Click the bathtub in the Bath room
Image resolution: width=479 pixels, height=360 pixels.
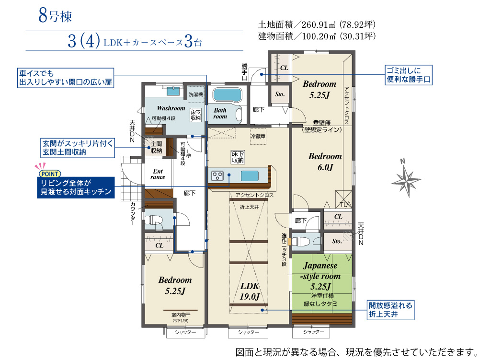(227, 95)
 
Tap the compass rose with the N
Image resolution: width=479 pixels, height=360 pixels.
(406, 180)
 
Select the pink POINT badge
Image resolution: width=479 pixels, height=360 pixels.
(50, 174)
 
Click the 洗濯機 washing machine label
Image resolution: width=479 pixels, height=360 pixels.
(196, 94)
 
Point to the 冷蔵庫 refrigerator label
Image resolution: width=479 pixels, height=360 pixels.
(258, 136)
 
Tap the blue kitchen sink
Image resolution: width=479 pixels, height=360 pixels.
(250, 176)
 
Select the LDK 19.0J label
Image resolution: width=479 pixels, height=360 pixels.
(250, 290)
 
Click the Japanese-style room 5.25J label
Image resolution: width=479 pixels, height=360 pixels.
(320, 276)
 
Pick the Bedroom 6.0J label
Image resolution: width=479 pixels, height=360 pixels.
(325, 162)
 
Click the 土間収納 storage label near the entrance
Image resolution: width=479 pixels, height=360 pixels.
(156, 147)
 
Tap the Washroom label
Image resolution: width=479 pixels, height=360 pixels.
(171, 108)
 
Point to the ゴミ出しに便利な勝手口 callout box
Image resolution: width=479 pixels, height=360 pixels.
(409, 75)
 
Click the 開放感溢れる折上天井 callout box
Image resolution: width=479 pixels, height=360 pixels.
(391, 310)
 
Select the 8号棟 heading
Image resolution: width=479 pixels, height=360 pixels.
(55, 16)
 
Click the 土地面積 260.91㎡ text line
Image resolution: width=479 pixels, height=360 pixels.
(317, 24)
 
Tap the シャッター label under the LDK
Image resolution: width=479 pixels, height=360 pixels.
(248, 332)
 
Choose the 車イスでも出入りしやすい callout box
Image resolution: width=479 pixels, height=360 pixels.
(65, 78)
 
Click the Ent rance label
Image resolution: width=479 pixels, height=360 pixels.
(158, 174)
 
